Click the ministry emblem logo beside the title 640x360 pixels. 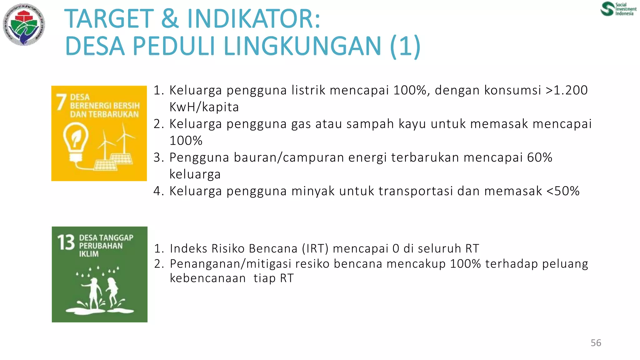point(24,24)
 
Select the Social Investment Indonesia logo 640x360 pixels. point(618,9)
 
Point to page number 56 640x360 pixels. point(596,343)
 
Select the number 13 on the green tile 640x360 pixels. point(66,243)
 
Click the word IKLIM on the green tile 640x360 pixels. point(89,254)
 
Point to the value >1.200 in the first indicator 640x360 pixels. point(567,90)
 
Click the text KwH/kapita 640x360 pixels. point(204,107)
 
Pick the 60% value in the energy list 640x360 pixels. point(539,157)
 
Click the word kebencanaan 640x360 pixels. point(208,278)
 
